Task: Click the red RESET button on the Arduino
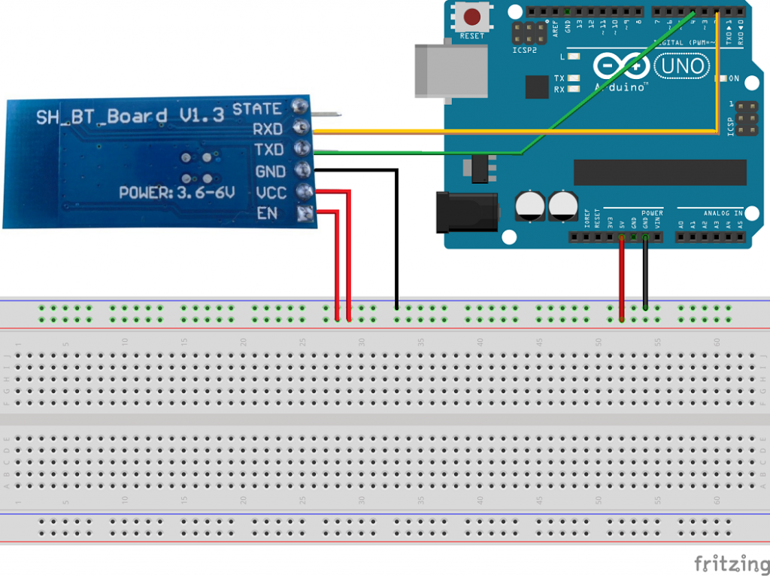[472, 17]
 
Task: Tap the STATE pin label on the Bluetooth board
[256, 109]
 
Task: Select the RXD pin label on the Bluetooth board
[267, 129]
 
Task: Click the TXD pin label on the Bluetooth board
[267, 150]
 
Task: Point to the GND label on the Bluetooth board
[269, 171]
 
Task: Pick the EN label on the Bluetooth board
[266, 213]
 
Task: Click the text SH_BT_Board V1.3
[130, 116]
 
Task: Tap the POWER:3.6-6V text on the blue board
[177, 194]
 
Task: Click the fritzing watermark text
[726, 563]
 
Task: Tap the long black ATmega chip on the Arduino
[659, 172]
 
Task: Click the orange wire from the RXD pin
[511, 133]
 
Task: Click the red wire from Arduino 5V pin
[622, 279]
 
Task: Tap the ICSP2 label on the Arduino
[525, 51]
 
